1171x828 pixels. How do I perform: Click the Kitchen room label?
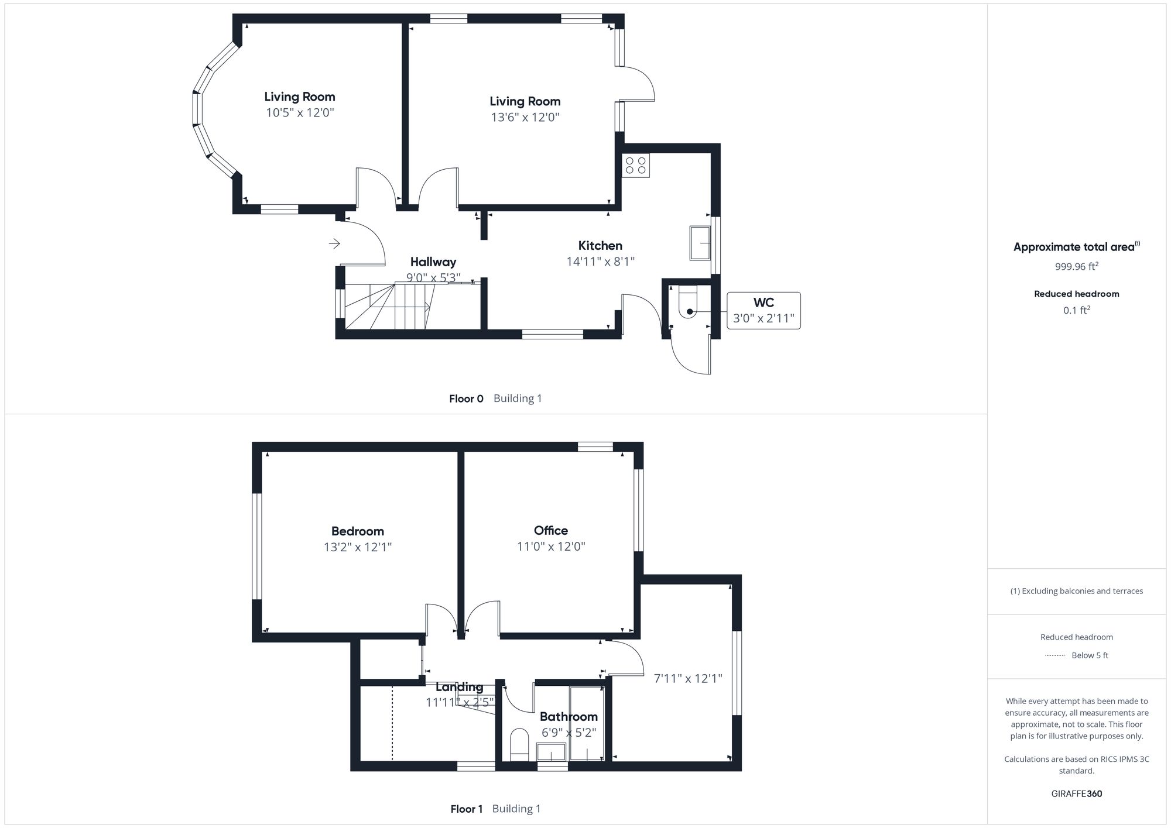coord(600,246)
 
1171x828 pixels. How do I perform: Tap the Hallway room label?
coord(433,262)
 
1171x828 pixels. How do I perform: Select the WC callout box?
coord(763,310)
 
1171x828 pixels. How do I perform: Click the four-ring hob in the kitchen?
coord(636,165)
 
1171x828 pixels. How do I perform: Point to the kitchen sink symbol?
coord(700,243)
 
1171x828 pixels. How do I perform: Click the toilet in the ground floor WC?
coord(689,305)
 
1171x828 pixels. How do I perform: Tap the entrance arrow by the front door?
coord(334,243)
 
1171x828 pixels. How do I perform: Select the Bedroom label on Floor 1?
coord(357,531)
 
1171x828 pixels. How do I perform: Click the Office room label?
coord(550,531)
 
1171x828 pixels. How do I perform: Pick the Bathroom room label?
coord(569,717)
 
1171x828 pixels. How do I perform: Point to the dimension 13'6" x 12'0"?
coord(525,117)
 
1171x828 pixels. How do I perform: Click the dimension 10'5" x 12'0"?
coord(300,112)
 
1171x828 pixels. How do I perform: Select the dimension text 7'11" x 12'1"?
coord(688,679)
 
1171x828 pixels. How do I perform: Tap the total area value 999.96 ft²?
coord(1076,267)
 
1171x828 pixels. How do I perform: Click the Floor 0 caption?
coord(466,399)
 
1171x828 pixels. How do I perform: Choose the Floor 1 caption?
coord(466,809)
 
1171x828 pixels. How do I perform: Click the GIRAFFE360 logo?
coord(1076,794)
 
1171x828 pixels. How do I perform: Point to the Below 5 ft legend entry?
coord(1089,655)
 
